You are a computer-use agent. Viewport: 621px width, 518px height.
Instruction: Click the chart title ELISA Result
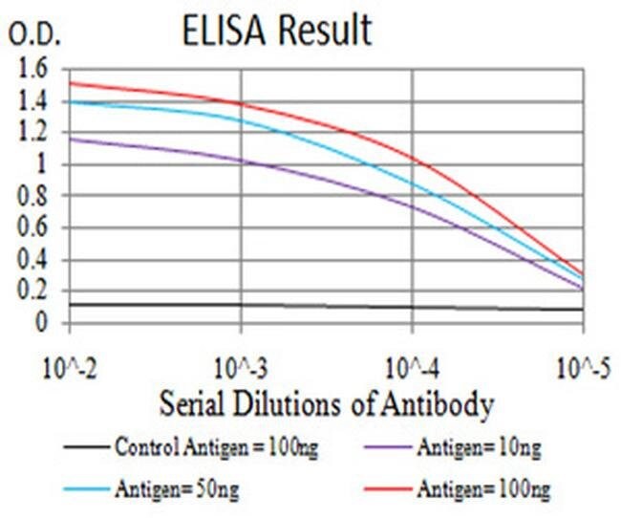pos(276,31)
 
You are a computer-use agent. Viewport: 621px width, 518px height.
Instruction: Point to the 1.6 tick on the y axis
pos(32,69)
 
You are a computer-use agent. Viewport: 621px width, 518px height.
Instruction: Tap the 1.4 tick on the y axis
pos(32,101)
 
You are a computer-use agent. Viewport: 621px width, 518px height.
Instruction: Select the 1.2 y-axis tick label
pos(32,133)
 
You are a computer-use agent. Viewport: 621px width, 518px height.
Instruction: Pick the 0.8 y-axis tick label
pos(32,197)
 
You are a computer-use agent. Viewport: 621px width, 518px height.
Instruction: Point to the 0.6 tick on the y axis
pos(32,228)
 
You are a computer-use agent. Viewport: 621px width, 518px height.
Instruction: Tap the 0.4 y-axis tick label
pos(32,260)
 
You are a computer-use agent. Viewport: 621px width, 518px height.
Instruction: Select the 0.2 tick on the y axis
pos(32,291)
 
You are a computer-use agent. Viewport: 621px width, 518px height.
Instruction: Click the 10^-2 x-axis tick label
pos(69,366)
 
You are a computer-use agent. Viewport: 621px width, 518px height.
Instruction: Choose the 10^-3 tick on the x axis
pos(241,366)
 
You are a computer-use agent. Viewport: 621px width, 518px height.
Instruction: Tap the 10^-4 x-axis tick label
pos(411,366)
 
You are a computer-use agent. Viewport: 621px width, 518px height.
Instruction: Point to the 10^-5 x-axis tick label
pos(582,366)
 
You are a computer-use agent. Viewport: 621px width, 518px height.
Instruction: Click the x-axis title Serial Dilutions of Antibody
pos(326,405)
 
